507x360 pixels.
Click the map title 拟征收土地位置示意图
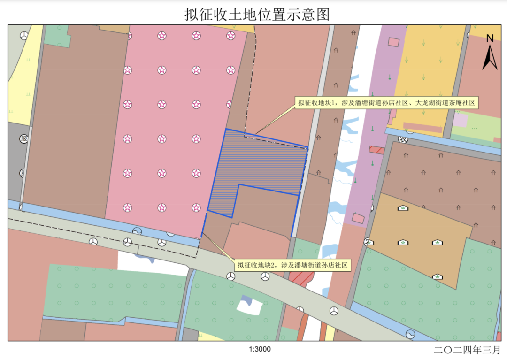[x=257, y=14]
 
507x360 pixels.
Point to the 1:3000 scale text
[x=260, y=349]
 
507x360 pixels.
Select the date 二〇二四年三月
[x=467, y=350]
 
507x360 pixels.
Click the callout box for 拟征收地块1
[x=386, y=103]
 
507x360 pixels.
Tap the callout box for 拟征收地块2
[x=292, y=266]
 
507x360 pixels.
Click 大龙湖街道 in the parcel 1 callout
[x=432, y=103]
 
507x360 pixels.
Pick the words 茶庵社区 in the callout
[x=461, y=103]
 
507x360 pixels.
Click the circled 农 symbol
[x=402, y=139]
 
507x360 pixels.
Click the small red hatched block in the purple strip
[x=376, y=150]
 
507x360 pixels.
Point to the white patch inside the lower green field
[x=249, y=305]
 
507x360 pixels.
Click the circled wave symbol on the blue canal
[x=137, y=231]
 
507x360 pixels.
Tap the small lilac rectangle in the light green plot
[x=460, y=120]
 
